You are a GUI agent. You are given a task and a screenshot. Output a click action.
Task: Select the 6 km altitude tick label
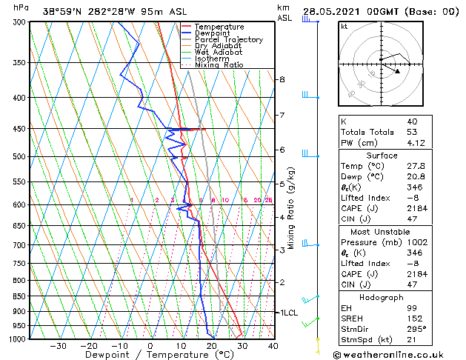[282, 150]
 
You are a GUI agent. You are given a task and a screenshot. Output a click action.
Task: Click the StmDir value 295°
[413, 330]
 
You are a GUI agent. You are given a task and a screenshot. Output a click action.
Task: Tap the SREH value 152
[413, 319]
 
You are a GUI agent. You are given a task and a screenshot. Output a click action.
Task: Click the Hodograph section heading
[382, 297]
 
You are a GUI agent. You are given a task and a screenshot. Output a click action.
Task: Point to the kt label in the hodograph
[344, 26]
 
